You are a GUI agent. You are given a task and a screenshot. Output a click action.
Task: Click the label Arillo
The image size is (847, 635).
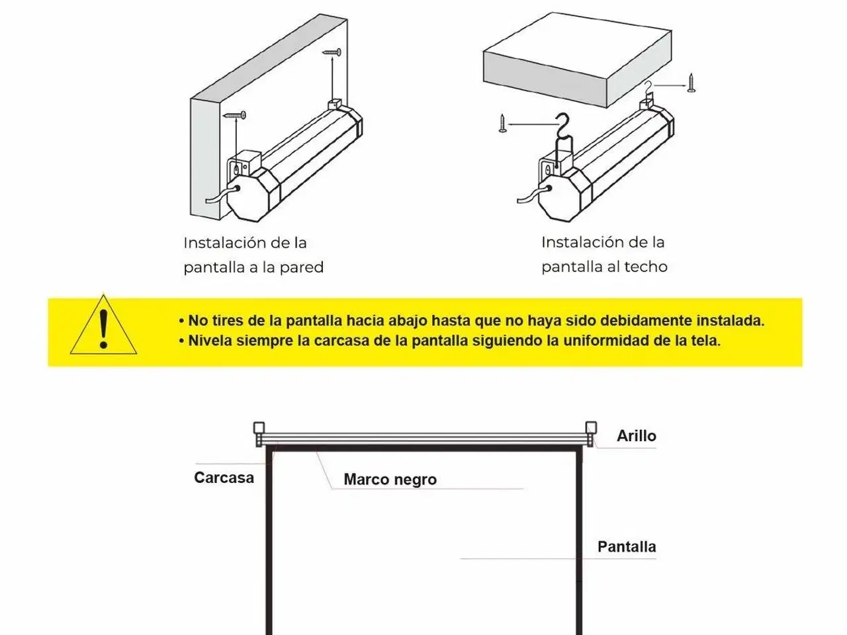click(636, 436)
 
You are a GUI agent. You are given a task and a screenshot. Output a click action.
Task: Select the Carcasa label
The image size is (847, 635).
click(224, 478)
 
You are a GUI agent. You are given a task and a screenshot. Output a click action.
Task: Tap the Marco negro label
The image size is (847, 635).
click(390, 480)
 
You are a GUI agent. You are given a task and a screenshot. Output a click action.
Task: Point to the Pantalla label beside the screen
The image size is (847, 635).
click(627, 547)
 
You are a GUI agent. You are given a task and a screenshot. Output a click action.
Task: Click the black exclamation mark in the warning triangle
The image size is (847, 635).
click(103, 329)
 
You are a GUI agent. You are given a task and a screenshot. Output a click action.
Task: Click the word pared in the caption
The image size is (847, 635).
click(301, 268)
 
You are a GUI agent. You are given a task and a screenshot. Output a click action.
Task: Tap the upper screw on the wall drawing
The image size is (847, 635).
click(332, 52)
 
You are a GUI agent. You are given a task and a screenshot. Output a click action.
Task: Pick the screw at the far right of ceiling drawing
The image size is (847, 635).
click(691, 83)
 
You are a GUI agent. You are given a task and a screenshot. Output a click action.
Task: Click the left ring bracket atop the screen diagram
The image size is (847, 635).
click(259, 434)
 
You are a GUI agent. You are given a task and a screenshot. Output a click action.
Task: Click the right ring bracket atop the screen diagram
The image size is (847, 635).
click(591, 433)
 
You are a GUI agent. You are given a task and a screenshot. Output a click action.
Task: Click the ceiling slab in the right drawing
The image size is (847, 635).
click(578, 60)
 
